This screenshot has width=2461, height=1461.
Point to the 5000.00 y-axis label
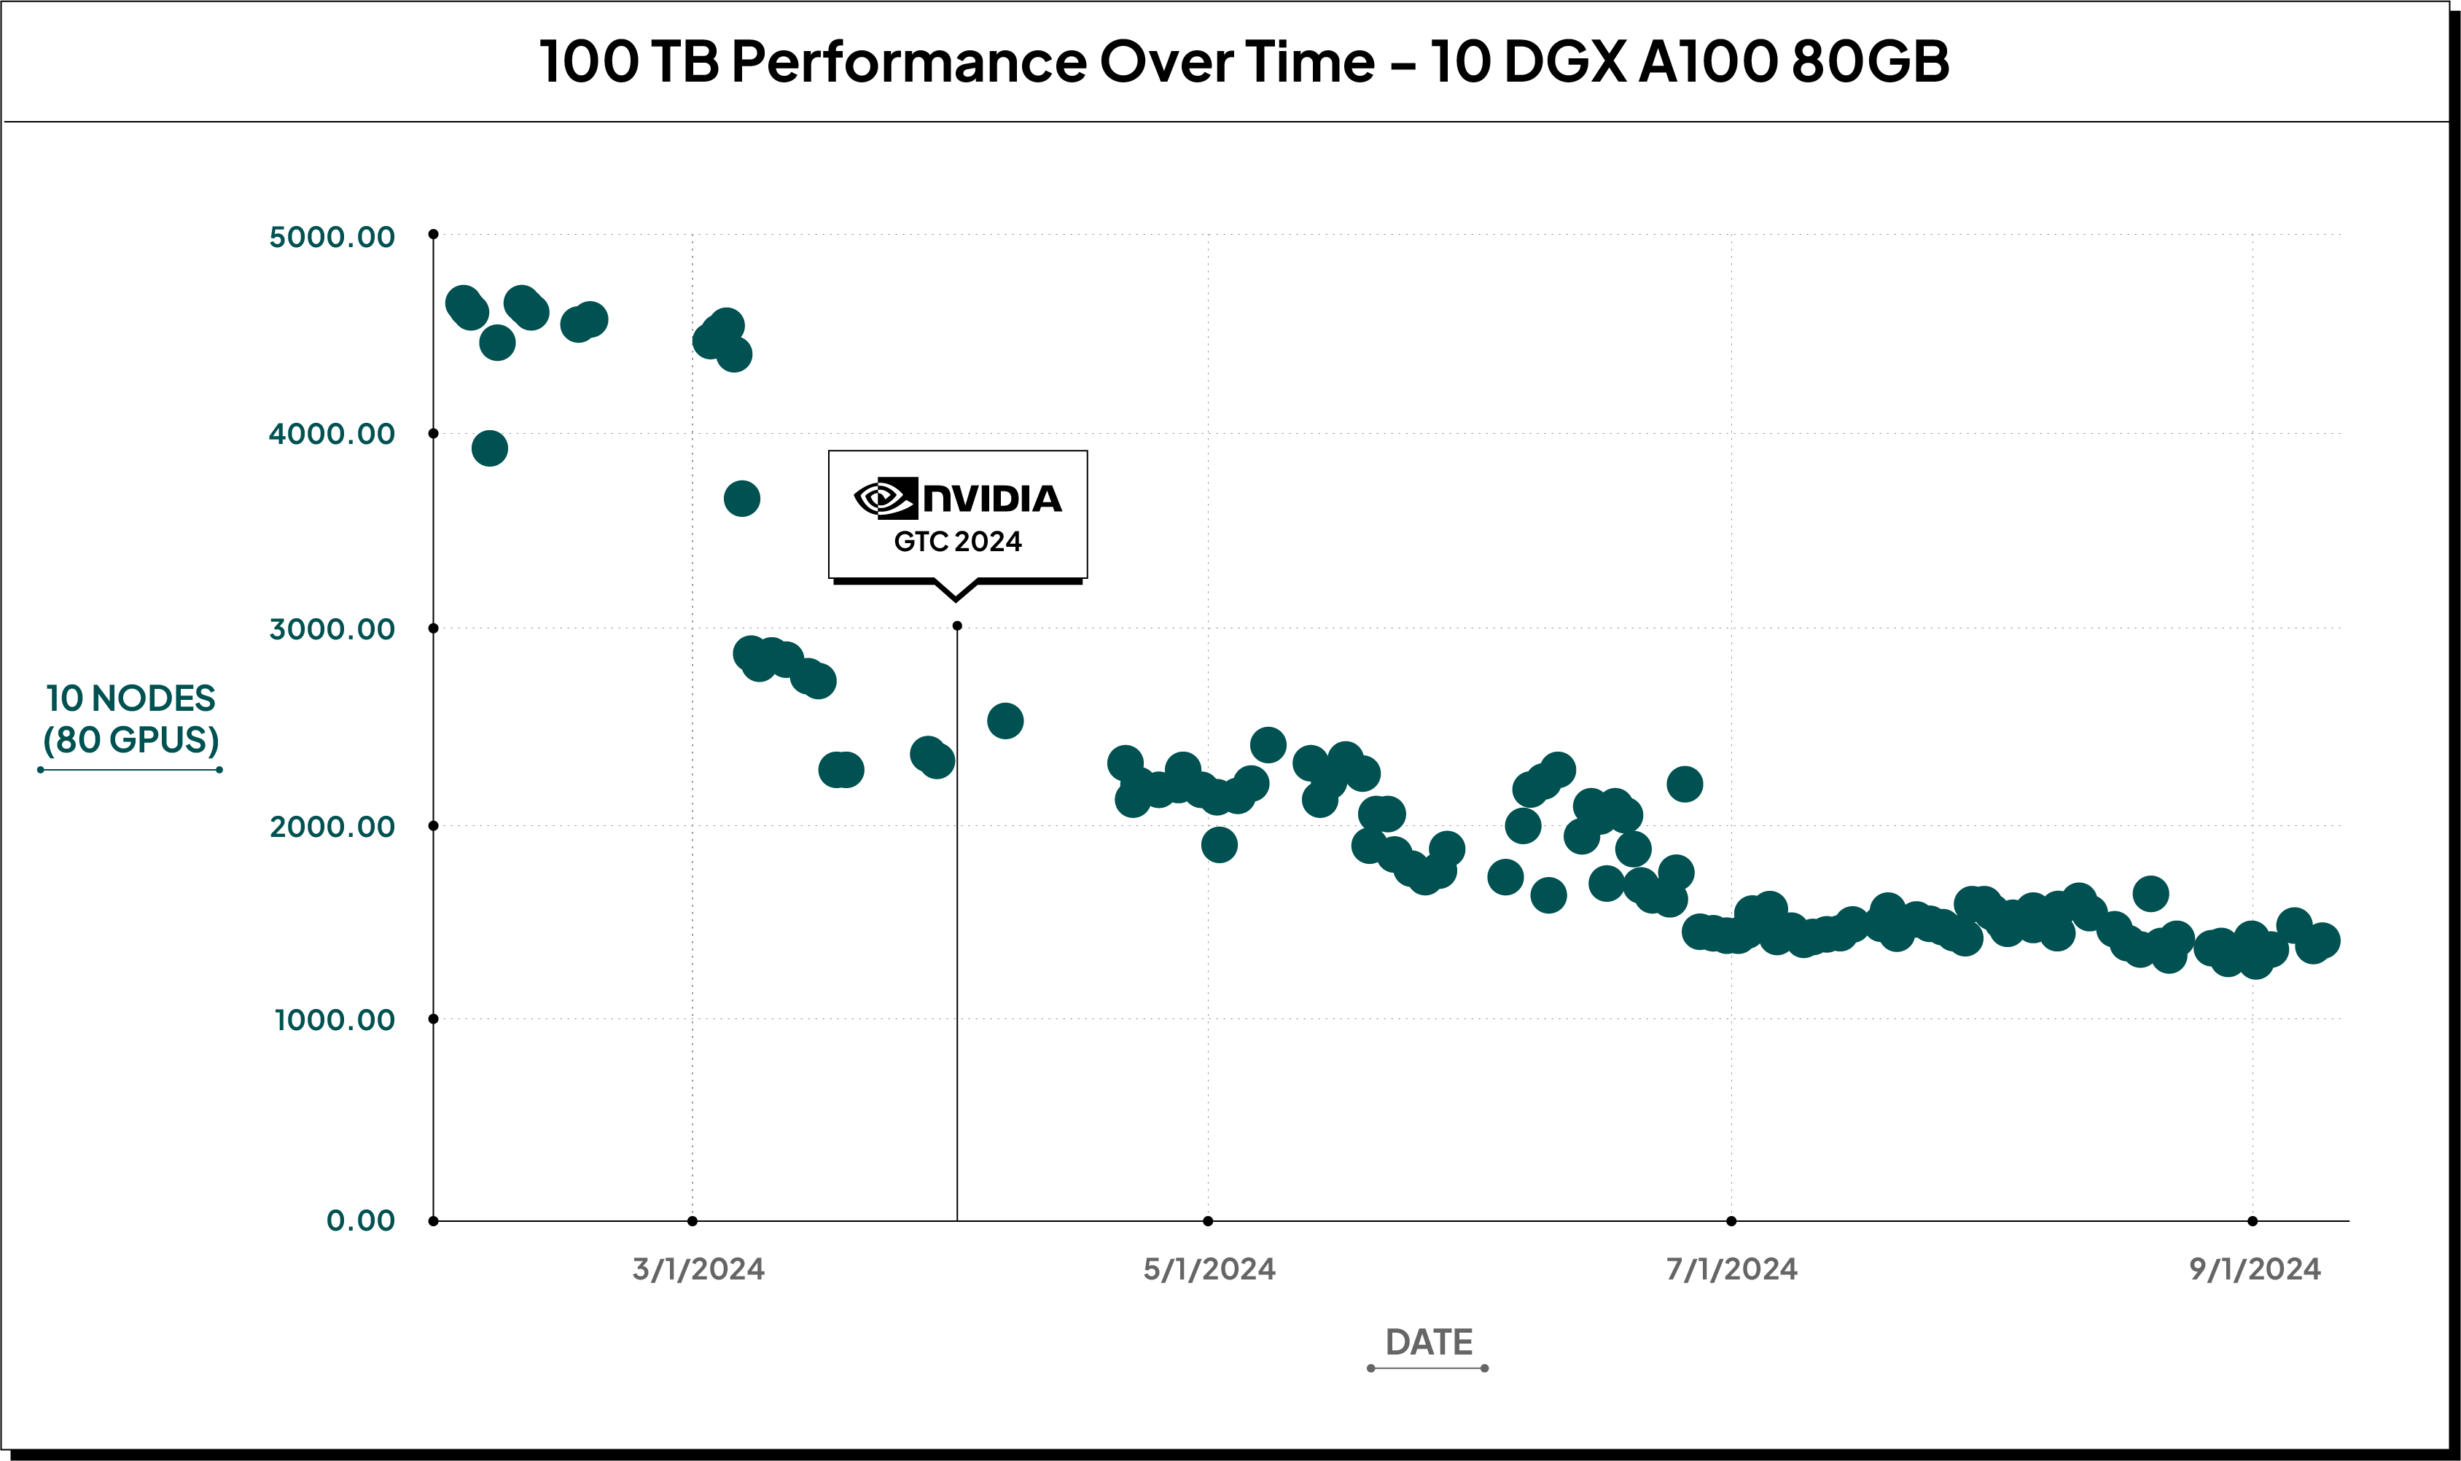[332, 236]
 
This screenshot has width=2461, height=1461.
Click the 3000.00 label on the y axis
[332, 628]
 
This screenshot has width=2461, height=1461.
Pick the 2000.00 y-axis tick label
[332, 826]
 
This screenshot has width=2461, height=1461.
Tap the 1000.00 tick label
[334, 1019]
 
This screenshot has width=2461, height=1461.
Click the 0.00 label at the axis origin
[360, 1221]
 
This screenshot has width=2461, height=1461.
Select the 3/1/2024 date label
[698, 1269]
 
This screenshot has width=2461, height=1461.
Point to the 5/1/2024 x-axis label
[1209, 1269]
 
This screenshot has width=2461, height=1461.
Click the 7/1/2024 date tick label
[1731, 1269]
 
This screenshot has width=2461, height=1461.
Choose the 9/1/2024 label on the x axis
[2254, 1269]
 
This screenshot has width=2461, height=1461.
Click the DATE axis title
[1428, 1343]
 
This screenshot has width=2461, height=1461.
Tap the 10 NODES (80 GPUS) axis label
[131, 719]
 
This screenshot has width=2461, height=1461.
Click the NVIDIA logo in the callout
[957, 498]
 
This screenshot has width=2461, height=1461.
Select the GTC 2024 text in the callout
[957, 542]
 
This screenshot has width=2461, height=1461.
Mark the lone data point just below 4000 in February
[489, 449]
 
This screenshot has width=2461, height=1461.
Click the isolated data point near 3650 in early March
[741, 499]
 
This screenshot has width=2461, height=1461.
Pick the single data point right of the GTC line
[1004, 720]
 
